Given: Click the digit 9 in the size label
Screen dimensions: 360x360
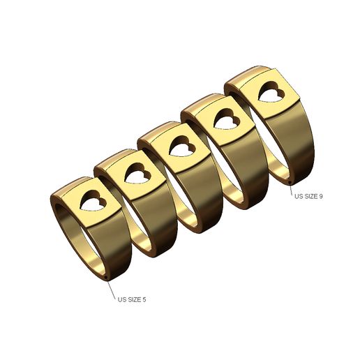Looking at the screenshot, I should click(x=320, y=197).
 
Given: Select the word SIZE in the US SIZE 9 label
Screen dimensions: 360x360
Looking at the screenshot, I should click(x=309, y=197).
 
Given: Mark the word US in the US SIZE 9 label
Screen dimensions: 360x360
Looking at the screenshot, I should click(x=298, y=197).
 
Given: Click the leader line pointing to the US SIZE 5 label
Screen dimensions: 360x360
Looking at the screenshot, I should click(x=112, y=290).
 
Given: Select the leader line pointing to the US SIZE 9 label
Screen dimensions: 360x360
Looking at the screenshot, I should click(x=291, y=189).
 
